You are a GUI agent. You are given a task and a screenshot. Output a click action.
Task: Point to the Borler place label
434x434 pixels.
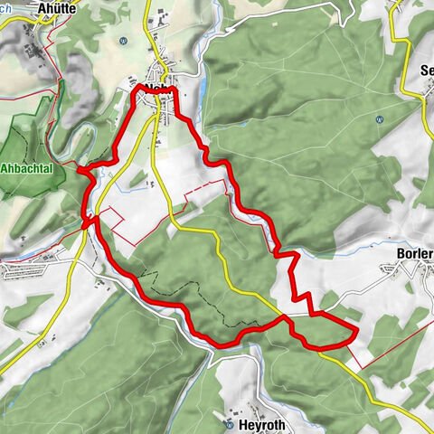[x=414, y=254]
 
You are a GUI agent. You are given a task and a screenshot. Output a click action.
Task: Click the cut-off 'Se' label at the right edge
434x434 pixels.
[x=426, y=70]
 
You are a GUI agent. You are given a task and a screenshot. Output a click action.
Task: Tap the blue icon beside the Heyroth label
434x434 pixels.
[x=231, y=423]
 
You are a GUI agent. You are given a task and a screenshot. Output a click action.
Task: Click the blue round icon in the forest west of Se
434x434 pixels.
[x=378, y=118]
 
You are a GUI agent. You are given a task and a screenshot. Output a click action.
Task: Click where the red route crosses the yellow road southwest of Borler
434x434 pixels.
[x=284, y=316]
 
